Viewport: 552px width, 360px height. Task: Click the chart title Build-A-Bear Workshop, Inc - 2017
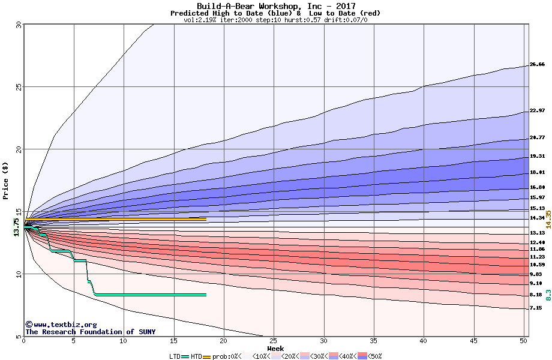pyautogui.click(x=276, y=6)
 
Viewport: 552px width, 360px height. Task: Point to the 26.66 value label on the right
pyautogui.click(x=537, y=64)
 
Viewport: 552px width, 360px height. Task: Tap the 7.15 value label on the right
pyautogui.click(x=536, y=308)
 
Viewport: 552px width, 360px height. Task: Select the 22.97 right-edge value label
pyautogui.click(x=537, y=110)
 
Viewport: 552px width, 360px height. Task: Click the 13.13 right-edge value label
pyautogui.click(x=537, y=233)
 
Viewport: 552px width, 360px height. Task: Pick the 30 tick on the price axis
pyautogui.click(x=18, y=25)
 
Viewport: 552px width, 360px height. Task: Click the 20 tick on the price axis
pyautogui.click(x=18, y=149)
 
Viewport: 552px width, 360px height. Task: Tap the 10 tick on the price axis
pyautogui.click(x=18, y=274)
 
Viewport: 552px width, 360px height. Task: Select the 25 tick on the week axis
pyautogui.click(x=274, y=341)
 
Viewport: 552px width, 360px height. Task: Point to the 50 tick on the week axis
pyautogui.click(x=523, y=341)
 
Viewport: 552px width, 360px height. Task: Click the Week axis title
pyautogui.click(x=275, y=349)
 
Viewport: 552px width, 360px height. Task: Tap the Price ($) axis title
pyautogui.click(x=6, y=180)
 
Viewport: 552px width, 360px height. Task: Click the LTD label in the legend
pyautogui.click(x=175, y=356)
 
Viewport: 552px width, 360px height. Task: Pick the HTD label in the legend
pyautogui.click(x=196, y=356)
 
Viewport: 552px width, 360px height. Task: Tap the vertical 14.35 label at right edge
pyautogui.click(x=548, y=220)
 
